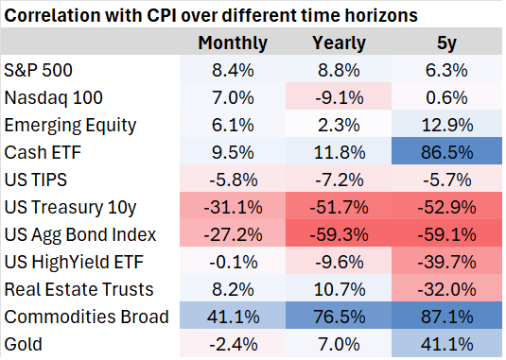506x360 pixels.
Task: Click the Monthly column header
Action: [232, 43]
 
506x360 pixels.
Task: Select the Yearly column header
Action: [340, 43]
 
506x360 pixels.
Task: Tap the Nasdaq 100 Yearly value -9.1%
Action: [340, 96]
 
